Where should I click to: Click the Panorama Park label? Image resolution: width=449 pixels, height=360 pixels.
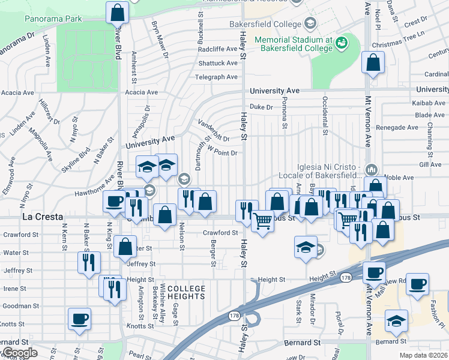53,19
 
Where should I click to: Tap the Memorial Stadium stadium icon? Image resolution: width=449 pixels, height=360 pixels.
342,43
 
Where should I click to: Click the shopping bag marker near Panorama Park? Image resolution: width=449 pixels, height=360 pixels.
118,12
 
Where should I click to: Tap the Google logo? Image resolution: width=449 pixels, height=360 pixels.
19,353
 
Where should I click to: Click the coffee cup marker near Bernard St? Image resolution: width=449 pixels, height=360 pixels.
79,318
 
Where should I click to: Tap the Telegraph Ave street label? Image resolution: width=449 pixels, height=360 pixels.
217,77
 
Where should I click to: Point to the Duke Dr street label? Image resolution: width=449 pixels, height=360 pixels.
261,107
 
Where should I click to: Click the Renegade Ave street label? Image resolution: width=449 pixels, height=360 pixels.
396,128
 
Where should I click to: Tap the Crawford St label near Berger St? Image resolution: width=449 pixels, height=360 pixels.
220,232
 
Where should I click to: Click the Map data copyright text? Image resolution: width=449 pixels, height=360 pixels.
424,355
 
